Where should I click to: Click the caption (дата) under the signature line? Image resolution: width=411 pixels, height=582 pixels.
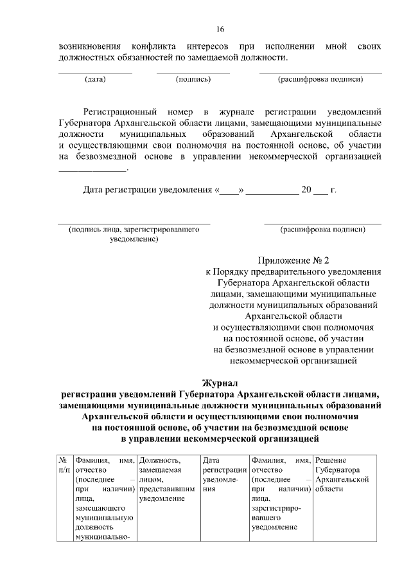[x=95, y=79]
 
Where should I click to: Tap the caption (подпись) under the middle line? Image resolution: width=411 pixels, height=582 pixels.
[x=193, y=79]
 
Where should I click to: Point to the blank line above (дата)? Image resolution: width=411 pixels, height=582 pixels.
[x=95, y=73]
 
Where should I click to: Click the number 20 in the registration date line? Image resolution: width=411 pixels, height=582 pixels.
[x=306, y=190]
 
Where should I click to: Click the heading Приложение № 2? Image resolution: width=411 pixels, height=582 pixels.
[x=293, y=260]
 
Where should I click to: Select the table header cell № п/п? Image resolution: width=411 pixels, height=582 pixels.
[x=64, y=465]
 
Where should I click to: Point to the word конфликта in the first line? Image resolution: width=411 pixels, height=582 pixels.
[x=152, y=47]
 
